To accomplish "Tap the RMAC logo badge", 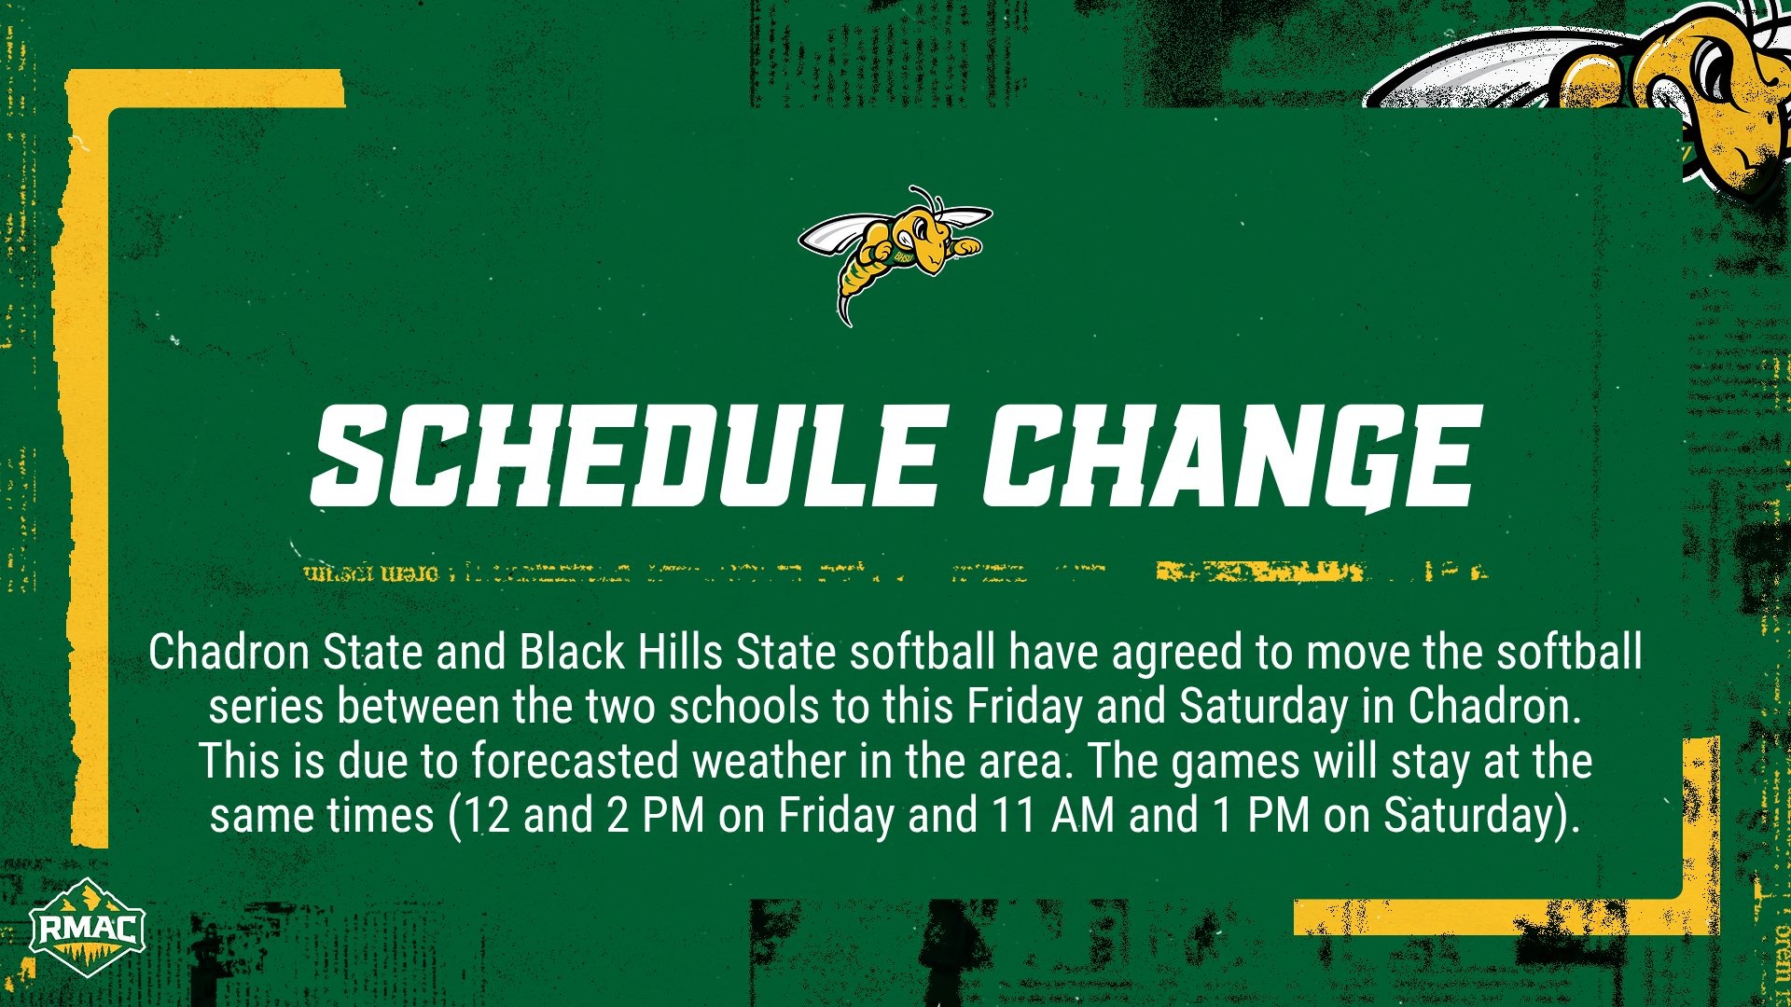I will pos(87,928).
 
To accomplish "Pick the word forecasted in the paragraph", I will pos(574,761).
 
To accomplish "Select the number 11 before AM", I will pos(1014,815).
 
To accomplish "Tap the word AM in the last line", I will pos(1082,815).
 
